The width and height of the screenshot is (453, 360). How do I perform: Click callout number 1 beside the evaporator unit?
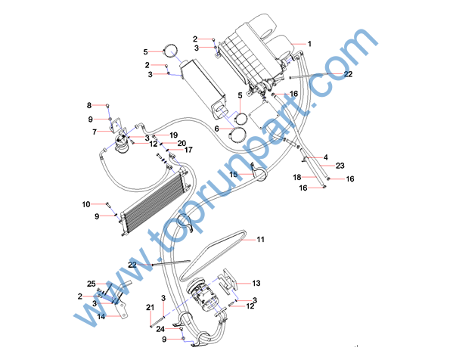(309, 44)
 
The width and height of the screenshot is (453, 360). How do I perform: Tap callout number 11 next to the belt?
(261, 240)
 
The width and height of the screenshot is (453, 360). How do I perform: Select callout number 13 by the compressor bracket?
(256, 283)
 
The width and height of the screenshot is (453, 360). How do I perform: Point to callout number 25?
(92, 284)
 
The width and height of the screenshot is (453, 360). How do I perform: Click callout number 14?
(101, 316)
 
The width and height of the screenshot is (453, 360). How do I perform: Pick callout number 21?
(150, 307)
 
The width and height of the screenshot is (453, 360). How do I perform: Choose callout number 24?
(160, 329)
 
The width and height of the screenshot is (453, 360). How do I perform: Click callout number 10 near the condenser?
(86, 204)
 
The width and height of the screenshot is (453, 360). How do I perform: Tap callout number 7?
(95, 132)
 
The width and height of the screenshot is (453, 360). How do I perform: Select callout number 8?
(89, 105)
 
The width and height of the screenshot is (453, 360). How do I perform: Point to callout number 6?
(217, 129)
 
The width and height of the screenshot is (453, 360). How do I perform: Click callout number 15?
(234, 174)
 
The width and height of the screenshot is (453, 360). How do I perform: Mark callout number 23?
(340, 166)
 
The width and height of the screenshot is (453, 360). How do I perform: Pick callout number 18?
(297, 177)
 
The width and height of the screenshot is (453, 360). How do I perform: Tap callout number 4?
(326, 157)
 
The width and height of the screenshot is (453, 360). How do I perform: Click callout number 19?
(174, 135)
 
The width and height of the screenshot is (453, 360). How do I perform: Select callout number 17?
(188, 150)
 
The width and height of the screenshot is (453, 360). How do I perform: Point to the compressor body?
(203, 295)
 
